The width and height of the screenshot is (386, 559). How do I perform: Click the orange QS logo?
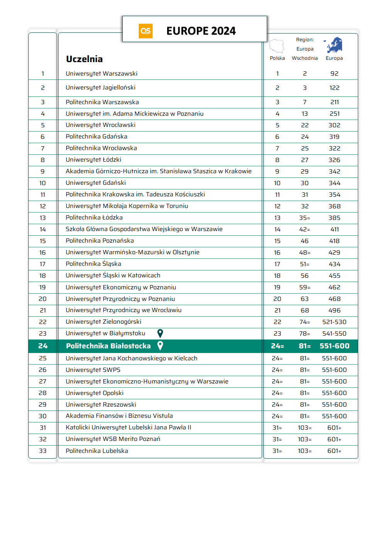[x=146, y=31]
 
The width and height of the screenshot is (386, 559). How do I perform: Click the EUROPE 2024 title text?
[x=201, y=31]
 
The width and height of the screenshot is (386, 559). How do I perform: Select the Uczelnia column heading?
[x=84, y=59]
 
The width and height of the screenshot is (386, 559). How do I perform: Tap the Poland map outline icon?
[x=276, y=46]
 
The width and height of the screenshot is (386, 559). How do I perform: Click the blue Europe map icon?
[x=334, y=45]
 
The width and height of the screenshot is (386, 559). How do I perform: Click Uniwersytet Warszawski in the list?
[x=102, y=74]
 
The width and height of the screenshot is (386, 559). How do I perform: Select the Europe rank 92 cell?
[x=334, y=74]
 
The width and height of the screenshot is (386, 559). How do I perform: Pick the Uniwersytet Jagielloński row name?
[x=100, y=88]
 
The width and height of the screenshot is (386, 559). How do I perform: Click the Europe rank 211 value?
[x=334, y=102]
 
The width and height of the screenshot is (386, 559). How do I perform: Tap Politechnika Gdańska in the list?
[x=96, y=137]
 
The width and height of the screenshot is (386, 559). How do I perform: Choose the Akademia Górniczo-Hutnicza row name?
[x=158, y=171]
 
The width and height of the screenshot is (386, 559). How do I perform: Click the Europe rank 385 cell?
[x=334, y=218]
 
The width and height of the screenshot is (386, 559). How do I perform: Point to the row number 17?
[x=42, y=264]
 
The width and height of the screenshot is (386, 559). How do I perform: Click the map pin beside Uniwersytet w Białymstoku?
[x=160, y=333]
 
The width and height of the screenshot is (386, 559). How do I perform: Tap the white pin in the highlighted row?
[x=160, y=346]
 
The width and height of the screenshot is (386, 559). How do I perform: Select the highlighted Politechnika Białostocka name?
[x=108, y=346]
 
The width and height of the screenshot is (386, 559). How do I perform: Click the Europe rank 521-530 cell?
[x=334, y=322]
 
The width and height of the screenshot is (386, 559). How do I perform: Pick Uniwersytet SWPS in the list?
[x=93, y=370]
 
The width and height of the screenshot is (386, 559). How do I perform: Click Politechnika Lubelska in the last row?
[x=97, y=451]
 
